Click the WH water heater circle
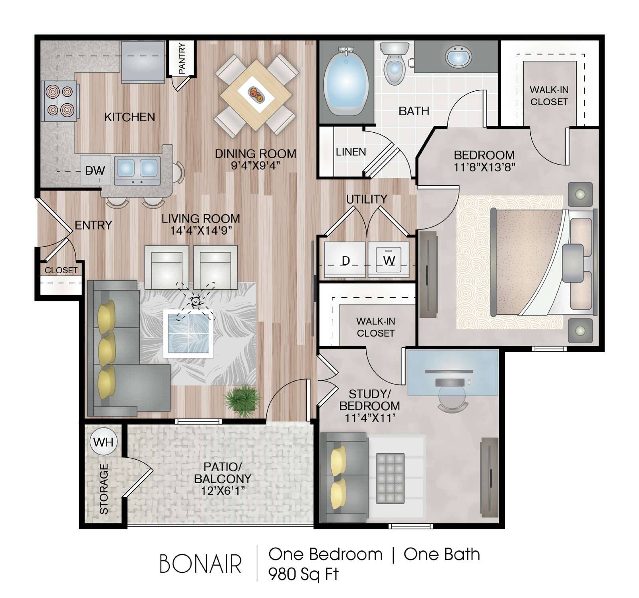click(103, 442)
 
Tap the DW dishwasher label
click(95, 171)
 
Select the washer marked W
click(389, 259)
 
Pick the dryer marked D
click(345, 259)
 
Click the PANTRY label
click(182, 58)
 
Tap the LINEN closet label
click(351, 152)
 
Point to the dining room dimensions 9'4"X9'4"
click(256, 165)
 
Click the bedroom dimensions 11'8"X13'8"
click(484, 166)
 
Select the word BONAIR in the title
click(200, 564)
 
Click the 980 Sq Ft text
click(303, 574)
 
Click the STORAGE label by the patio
click(104, 489)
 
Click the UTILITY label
click(367, 199)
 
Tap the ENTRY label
click(93, 225)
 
